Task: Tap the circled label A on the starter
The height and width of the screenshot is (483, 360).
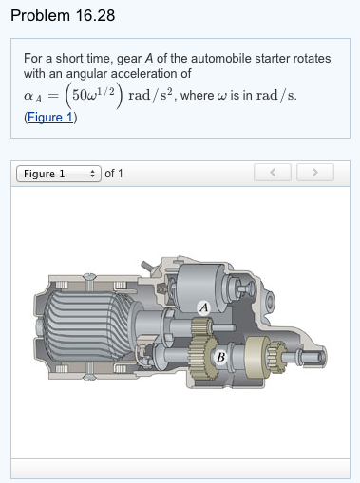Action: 203,306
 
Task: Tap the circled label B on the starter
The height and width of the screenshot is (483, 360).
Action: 220,357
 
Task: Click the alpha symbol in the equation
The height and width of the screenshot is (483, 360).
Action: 28,97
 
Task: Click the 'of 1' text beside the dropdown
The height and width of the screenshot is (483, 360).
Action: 115,174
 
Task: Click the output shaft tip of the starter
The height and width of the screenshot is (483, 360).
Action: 323,359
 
